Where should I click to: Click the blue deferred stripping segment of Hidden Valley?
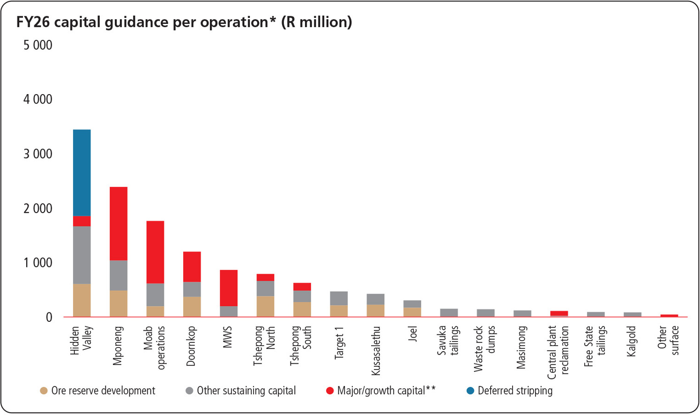click(82, 172)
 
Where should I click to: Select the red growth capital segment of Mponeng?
click(119, 223)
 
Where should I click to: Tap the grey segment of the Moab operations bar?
click(155, 295)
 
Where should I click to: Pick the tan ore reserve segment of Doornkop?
click(192, 307)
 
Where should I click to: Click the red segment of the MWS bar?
click(229, 288)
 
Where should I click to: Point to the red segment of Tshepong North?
click(265, 277)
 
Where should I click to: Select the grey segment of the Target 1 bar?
click(339, 298)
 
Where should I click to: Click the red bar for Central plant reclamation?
click(559, 313)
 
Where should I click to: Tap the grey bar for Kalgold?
click(633, 314)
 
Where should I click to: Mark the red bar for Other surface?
click(669, 316)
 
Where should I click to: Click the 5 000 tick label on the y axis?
click(38, 45)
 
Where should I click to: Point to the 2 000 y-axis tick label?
click(38, 208)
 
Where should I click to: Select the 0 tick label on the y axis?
click(49, 318)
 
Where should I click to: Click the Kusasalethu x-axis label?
click(375, 351)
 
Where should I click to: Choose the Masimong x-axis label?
click(522, 348)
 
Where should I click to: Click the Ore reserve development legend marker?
click(44, 391)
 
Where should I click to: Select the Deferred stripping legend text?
click(515, 391)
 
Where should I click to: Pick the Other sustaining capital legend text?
click(246, 391)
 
